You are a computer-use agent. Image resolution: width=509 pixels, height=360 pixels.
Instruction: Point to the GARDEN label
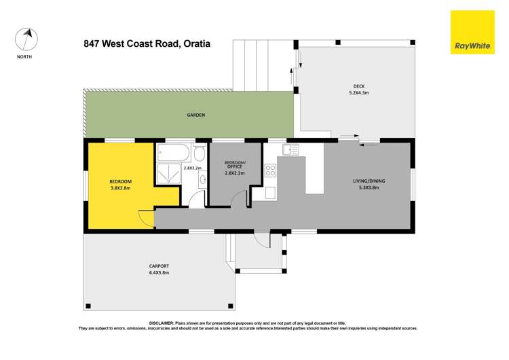[x=196, y=115]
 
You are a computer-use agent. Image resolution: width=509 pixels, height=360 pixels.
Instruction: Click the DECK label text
[x=358, y=86]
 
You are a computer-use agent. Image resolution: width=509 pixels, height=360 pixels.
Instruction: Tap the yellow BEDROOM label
[x=120, y=181]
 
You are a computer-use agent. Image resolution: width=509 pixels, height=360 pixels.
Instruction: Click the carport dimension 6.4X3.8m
[x=159, y=272]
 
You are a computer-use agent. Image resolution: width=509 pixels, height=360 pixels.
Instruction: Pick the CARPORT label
[x=159, y=266]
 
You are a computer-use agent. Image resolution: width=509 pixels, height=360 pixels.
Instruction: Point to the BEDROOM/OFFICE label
[x=234, y=164]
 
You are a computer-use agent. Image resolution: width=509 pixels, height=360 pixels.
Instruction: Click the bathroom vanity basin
[x=202, y=180]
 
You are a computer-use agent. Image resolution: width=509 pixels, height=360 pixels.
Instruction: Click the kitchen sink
[x=290, y=149]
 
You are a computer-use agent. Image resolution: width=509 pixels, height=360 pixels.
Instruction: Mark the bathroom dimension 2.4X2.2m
[x=193, y=168]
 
